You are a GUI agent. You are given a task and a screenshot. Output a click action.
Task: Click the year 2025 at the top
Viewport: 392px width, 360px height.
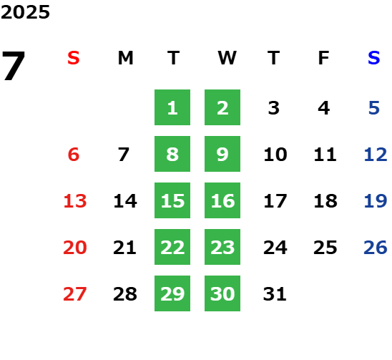click(x=25, y=12)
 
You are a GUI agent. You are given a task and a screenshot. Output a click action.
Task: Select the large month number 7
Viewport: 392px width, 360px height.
click(x=14, y=66)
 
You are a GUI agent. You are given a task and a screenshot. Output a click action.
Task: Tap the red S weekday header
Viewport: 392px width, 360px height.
click(x=74, y=58)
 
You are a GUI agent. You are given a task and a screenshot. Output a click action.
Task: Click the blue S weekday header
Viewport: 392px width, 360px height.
click(x=374, y=58)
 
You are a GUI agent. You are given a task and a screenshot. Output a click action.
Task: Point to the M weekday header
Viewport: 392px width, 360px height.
click(x=125, y=58)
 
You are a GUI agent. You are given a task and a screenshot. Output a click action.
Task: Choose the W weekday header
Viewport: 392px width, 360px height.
click(x=227, y=58)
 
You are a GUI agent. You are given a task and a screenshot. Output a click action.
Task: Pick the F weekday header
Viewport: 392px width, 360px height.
click(x=324, y=58)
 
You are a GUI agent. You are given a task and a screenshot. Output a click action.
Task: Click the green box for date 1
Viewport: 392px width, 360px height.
click(x=172, y=107)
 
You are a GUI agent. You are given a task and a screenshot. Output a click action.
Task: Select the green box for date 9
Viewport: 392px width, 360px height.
click(x=222, y=154)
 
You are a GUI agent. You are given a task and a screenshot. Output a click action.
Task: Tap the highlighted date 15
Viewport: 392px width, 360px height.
click(x=172, y=200)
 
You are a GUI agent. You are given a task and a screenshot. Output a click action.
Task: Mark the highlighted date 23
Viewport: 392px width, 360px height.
click(x=222, y=247)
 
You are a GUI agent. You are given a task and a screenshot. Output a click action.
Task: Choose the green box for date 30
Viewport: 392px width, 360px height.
click(x=222, y=293)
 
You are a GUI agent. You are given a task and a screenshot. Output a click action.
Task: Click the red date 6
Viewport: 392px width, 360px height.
click(x=74, y=155)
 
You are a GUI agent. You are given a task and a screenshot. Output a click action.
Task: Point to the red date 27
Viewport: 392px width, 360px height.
click(x=75, y=294)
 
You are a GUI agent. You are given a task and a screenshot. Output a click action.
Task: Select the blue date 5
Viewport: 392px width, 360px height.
click(x=374, y=108)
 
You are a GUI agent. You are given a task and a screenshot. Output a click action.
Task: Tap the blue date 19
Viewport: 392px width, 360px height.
click(x=376, y=201)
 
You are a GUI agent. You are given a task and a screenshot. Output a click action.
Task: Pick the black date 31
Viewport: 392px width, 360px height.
click(x=275, y=294)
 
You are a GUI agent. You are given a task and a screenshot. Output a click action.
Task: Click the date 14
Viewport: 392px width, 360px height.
click(x=125, y=201)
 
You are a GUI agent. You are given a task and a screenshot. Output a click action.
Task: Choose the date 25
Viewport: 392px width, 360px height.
click(x=325, y=248)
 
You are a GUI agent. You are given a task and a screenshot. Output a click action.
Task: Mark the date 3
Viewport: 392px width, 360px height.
click(x=274, y=108)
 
